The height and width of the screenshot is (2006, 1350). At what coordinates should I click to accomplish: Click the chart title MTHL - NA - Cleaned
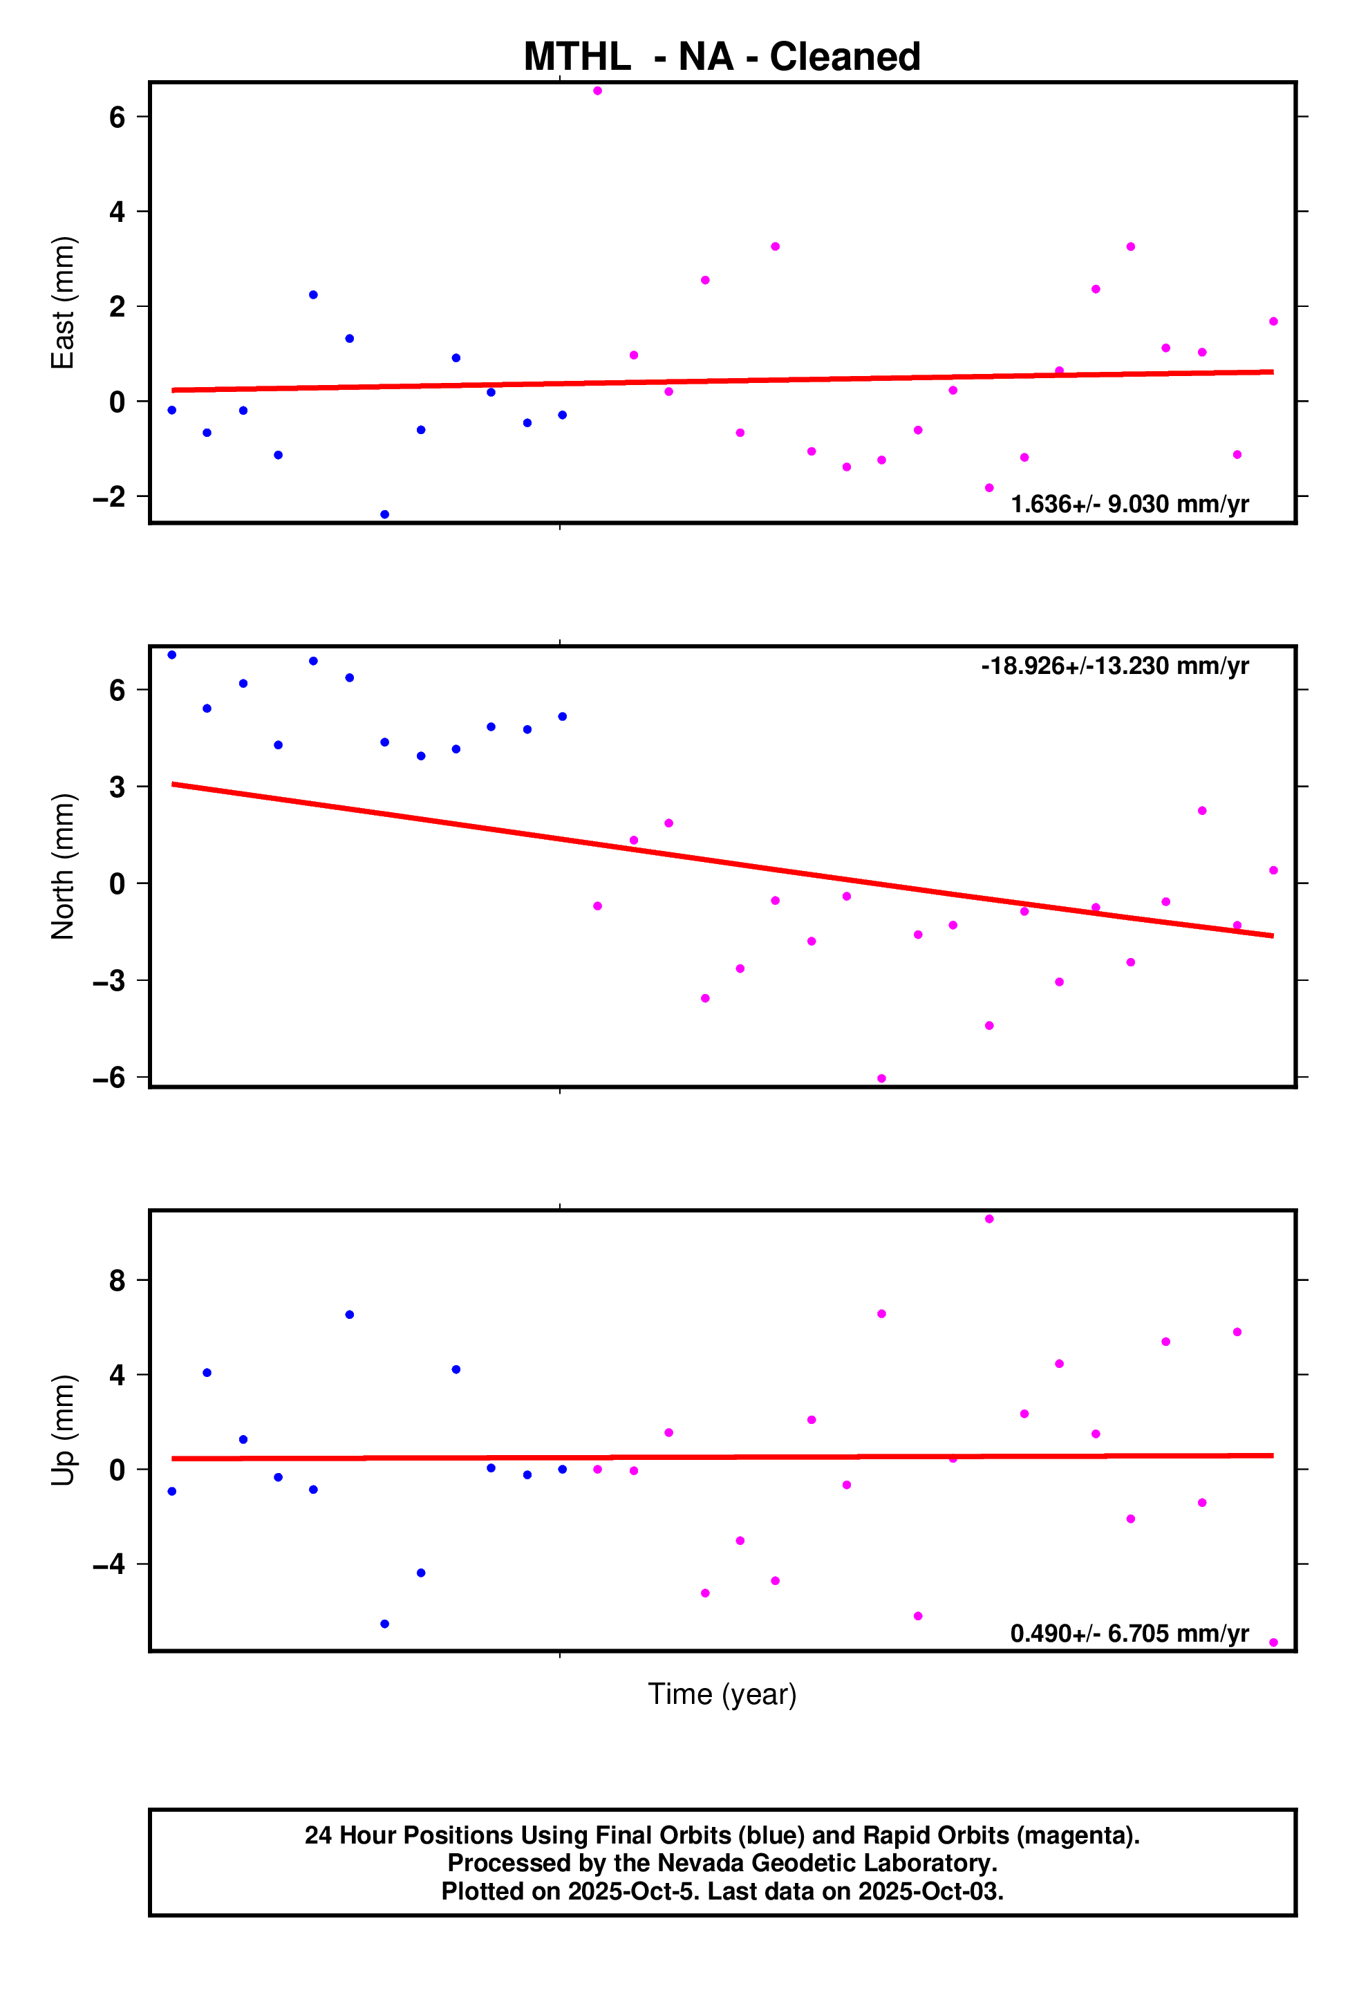point(722,57)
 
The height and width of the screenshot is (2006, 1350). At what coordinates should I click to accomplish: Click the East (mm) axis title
point(63,302)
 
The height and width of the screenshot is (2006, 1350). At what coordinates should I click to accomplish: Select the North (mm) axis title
point(63,866)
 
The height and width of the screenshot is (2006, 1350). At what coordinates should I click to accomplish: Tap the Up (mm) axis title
point(63,1430)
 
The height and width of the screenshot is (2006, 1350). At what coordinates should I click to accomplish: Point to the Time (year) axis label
point(722,1694)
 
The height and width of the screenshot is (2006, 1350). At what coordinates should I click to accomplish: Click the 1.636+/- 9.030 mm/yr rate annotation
point(1129,504)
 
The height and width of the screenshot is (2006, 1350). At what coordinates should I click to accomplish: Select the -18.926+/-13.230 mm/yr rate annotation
point(1114,666)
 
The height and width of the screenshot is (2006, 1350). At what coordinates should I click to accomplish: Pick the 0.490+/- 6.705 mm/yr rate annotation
point(1129,1633)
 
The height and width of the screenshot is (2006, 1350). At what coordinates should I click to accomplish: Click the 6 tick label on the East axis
point(117,117)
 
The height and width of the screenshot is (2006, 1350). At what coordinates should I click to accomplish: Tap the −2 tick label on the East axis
point(109,497)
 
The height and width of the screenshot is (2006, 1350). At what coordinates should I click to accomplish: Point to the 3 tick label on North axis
point(117,787)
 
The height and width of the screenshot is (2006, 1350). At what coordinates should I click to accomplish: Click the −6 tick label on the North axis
point(109,1078)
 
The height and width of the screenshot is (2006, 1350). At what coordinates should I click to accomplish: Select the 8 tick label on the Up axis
point(117,1281)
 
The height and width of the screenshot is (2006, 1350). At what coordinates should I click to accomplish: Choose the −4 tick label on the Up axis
point(109,1564)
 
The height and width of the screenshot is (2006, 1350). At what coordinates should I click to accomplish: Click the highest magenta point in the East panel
point(597,91)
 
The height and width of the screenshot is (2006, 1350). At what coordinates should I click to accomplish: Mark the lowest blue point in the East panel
point(385,515)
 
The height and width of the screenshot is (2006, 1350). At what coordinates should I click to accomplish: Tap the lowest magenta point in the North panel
point(881,1079)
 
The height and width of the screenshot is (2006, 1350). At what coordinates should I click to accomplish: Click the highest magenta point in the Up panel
point(989,1219)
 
